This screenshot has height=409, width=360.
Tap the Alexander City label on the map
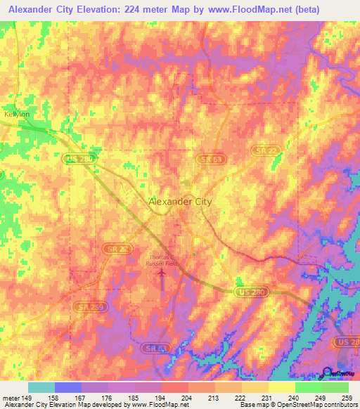[x=180, y=202]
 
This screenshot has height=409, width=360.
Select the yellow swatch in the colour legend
[x=281, y=387]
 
